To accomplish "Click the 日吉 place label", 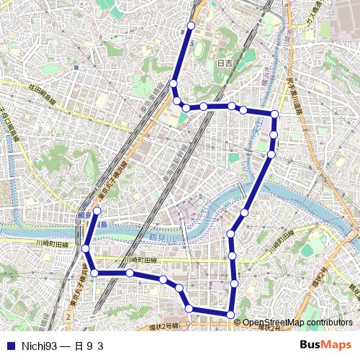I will pyautogui.click(x=225, y=63).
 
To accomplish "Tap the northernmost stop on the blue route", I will pyautogui.click(x=191, y=26).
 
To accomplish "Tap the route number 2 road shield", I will pyautogui.click(x=68, y=316).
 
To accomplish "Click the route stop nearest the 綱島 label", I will pyautogui.click(x=97, y=211).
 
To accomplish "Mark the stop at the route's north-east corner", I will pyautogui.click(x=274, y=114).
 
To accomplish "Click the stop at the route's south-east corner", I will pyautogui.click(x=230, y=315).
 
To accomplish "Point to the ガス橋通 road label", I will pyautogui.click(x=315, y=22).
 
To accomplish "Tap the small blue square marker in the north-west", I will pyautogui.click(x=75, y=68).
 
